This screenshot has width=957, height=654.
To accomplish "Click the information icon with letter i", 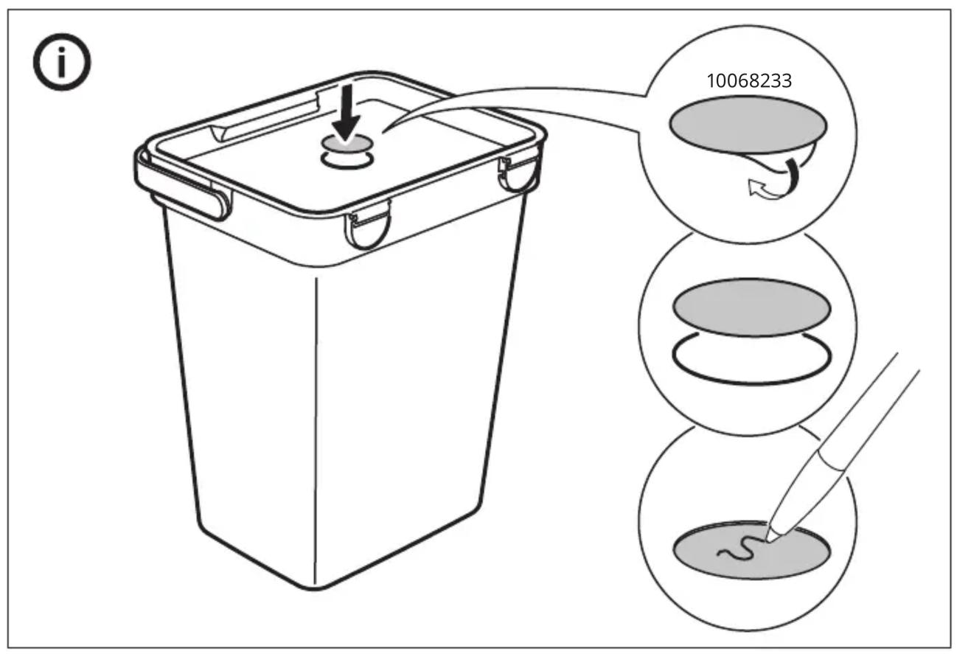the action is pos(62,62).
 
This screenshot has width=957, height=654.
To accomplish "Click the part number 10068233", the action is pos(749,80).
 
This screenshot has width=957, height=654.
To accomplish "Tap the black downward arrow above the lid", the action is pos(346,113).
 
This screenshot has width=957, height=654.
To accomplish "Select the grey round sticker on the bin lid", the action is pos(347,144).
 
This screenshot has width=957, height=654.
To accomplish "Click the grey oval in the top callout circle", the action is pos(748,125).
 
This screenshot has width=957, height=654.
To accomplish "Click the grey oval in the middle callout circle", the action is pos(752,307).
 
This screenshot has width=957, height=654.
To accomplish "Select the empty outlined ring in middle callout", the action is pos(752,383).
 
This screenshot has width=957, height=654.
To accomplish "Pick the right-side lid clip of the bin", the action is pos(518,174).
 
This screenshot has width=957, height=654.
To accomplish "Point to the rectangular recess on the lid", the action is pos(265,114).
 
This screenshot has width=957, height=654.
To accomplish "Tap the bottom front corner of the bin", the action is pos(315,588).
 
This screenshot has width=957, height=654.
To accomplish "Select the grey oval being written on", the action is pos(752,550).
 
